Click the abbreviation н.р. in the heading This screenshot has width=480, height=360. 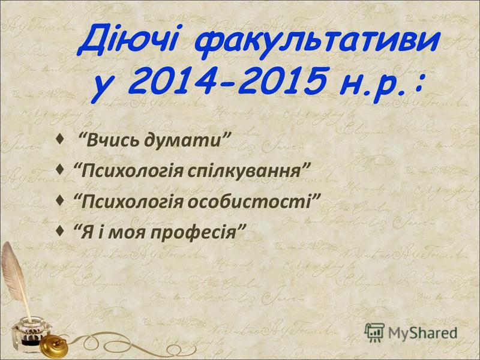pos(372,83)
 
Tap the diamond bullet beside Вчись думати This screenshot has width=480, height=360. pos(61,140)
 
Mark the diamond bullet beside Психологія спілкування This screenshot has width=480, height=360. pos(61,169)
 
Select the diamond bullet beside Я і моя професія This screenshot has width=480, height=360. pos(61,230)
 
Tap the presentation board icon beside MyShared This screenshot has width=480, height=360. pos(374,332)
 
